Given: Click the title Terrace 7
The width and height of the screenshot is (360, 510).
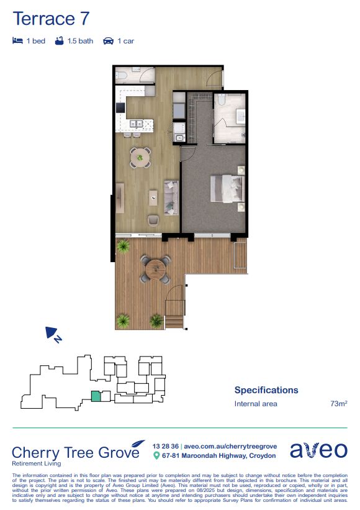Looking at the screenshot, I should point(52,19).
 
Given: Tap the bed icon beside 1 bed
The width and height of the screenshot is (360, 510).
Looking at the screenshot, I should point(17,41).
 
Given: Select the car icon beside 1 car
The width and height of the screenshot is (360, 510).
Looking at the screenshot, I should point(108,41).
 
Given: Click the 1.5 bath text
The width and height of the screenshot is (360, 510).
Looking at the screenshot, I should point(80,41).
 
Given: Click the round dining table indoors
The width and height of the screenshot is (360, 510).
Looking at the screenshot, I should point(140,157).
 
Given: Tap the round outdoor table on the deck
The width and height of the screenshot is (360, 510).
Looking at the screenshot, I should point(155,269).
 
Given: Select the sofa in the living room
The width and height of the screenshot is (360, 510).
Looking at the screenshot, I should point(171,197).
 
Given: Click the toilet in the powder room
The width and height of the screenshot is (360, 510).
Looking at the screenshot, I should point(121,75).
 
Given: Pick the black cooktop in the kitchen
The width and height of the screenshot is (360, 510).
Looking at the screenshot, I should point(120,107).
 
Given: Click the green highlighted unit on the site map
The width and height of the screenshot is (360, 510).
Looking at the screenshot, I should point(96,396).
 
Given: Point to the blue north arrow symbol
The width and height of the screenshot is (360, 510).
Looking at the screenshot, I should point(52,334).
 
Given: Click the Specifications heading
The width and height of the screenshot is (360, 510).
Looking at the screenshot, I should point(266,390).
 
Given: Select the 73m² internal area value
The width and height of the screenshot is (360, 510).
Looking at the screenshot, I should point(338,404).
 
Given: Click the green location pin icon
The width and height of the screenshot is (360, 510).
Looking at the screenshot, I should point(156,456).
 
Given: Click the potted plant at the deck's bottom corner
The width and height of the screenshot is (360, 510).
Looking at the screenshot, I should point(124,321).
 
